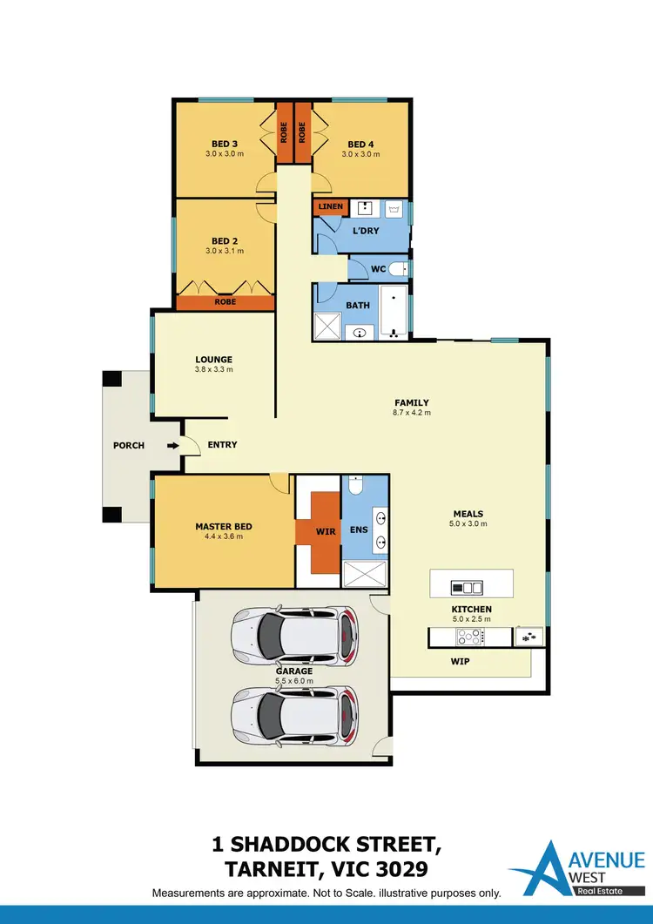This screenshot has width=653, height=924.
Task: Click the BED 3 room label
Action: point(225,144)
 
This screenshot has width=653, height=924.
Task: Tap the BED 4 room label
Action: point(360,144)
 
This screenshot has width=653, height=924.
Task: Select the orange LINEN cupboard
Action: point(331,206)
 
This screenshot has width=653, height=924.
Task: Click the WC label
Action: point(378,269)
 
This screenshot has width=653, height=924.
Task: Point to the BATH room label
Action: point(358,306)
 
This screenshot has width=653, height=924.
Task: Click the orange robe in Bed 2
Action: point(225,302)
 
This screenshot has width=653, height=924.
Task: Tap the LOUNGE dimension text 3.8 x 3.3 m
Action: point(213,369)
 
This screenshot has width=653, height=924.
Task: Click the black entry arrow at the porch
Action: point(172,445)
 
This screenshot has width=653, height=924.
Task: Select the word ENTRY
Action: point(222,445)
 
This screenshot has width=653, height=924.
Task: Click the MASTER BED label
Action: point(224,526)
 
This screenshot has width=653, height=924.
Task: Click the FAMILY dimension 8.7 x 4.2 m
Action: point(412,413)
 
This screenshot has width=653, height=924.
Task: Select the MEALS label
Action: point(468,514)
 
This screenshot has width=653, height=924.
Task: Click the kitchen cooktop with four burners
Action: point(471,637)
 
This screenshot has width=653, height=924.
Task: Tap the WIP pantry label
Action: point(460,662)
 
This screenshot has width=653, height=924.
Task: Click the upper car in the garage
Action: point(293,635)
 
